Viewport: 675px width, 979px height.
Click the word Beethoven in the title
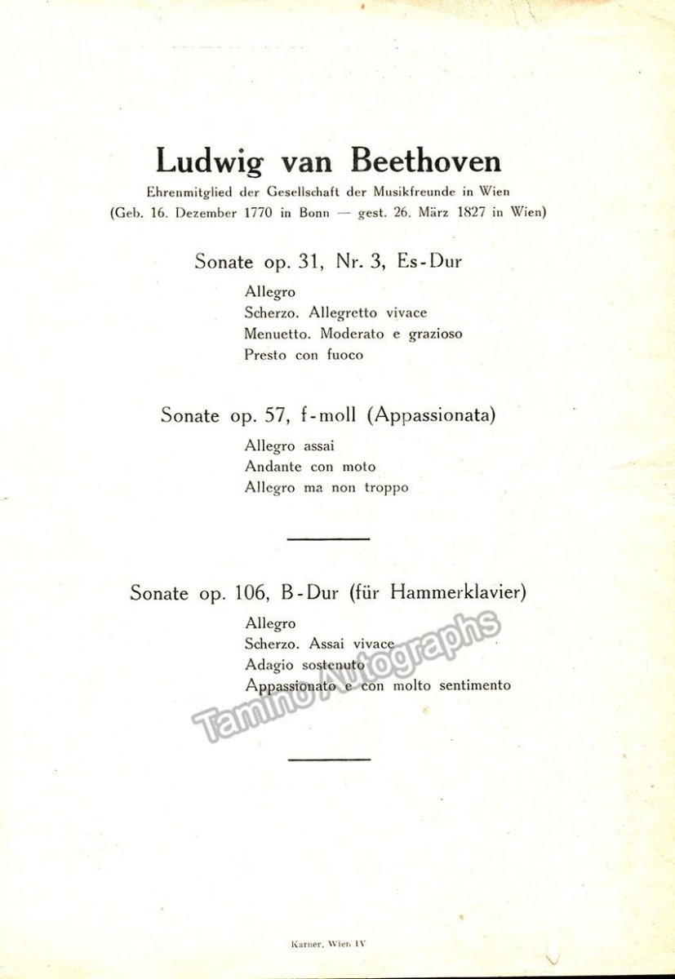426,161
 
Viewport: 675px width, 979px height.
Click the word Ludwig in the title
210,162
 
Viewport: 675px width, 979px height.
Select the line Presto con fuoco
304,355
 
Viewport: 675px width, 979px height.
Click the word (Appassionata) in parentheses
432,414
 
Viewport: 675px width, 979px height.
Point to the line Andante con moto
310,467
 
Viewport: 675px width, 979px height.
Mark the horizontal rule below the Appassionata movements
330,538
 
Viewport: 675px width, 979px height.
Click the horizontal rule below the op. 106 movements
330,759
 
